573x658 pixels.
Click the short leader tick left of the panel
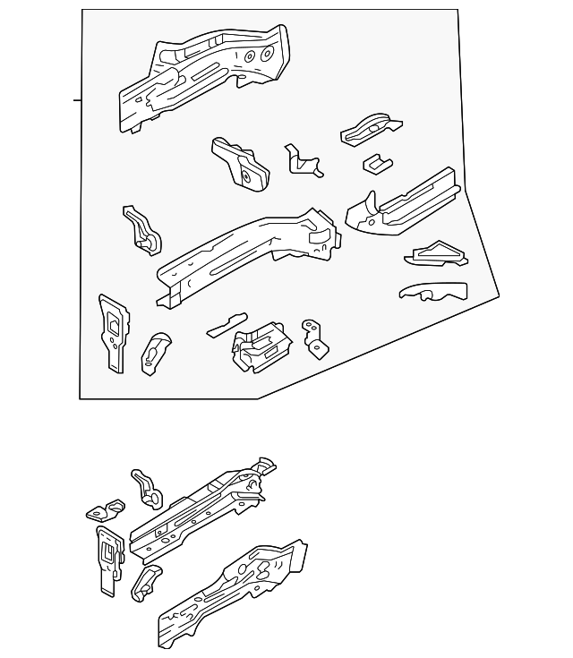[77, 100]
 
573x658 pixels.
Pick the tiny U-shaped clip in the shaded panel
[375, 163]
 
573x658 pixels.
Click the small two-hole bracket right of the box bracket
[312, 337]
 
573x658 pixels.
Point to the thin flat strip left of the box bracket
[226, 324]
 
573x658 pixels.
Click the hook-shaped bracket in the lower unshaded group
[146, 488]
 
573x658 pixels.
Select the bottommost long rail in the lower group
[233, 595]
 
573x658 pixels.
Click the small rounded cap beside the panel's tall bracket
[156, 352]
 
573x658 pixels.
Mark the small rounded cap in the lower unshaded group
[146, 582]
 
